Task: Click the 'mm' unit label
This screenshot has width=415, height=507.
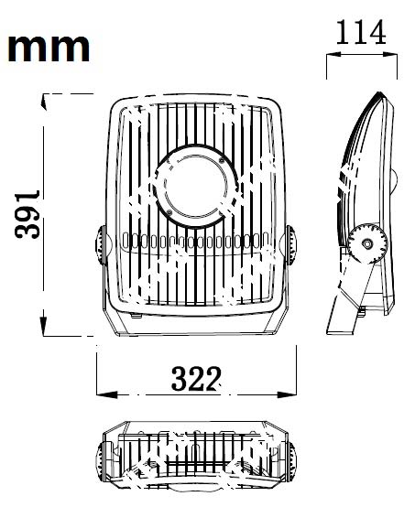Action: coord(49,48)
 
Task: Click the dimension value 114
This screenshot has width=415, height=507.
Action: coord(361,32)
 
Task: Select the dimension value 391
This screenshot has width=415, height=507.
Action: coord(27,214)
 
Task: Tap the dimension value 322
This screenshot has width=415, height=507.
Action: coord(196,378)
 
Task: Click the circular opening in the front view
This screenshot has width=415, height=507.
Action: coord(195,187)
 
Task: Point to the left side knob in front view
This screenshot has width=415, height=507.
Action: coord(101,244)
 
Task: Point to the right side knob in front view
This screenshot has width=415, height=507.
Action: coord(290,244)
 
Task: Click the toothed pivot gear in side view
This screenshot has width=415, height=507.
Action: coord(367,243)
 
